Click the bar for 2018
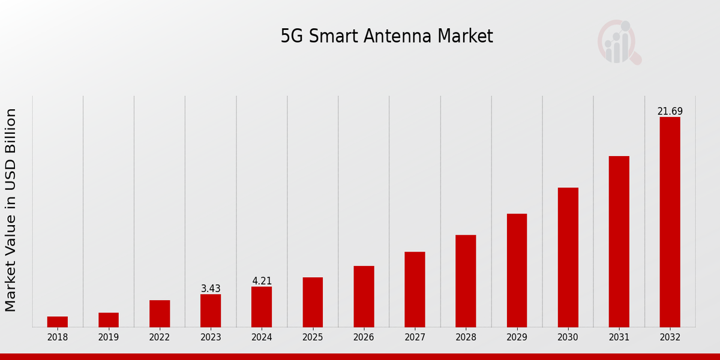tap(58, 322)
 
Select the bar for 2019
tap(109, 320)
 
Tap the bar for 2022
tap(160, 313)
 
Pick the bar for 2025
tap(313, 302)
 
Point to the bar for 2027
tap(415, 289)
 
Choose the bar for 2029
tap(517, 270)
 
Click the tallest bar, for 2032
tap(670, 222)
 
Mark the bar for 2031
tap(619, 241)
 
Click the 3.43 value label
tap(211, 289)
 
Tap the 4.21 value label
tap(262, 281)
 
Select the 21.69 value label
tap(670, 111)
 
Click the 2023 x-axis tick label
tap(211, 337)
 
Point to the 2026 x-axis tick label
tap(364, 337)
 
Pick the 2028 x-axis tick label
tap(466, 337)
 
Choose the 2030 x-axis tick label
tap(568, 337)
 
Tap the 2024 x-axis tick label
tap(262, 337)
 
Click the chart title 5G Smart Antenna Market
tap(386, 37)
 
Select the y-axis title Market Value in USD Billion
tap(11, 210)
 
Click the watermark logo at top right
tap(619, 42)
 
